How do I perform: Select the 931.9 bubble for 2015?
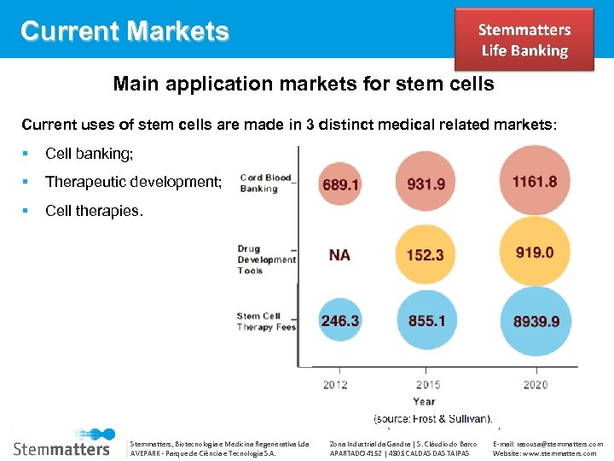coord(426,183)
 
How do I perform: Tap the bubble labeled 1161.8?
coord(535,181)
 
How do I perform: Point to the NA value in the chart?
coord(339,254)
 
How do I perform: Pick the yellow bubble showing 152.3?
coord(426,254)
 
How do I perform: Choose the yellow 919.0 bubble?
coord(535,253)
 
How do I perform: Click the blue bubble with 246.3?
coord(339,321)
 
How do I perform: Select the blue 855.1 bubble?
coord(426,321)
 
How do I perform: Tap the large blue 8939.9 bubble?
coord(536,322)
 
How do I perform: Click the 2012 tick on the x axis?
coord(335,385)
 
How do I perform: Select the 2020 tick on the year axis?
coord(535,385)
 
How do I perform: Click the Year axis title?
coord(424,400)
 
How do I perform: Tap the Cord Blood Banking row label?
coord(265,183)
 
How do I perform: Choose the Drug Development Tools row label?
coord(266,260)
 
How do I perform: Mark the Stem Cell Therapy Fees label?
coord(266,321)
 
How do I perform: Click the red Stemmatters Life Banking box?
coord(524,40)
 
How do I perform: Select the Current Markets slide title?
coord(125,32)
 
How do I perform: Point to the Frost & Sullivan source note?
coord(433,418)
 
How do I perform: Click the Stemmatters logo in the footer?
coord(62,442)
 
